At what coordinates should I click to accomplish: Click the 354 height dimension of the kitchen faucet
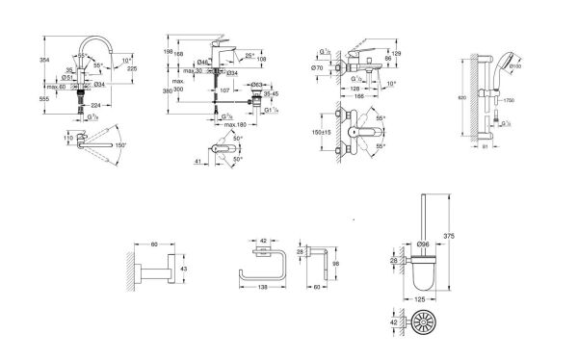pyautogui.click(x=44, y=61)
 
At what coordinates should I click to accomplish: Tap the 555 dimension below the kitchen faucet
pyautogui.click(x=44, y=100)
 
